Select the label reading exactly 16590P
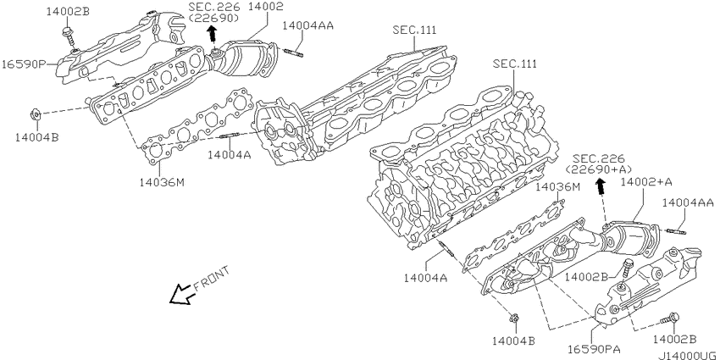click(x=23, y=64)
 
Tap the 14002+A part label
click(x=646, y=182)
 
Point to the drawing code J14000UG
click(x=689, y=356)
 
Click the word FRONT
click(x=211, y=279)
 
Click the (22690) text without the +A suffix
click(x=213, y=18)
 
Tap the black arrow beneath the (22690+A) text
click(x=600, y=186)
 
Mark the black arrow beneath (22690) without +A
click(x=212, y=34)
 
